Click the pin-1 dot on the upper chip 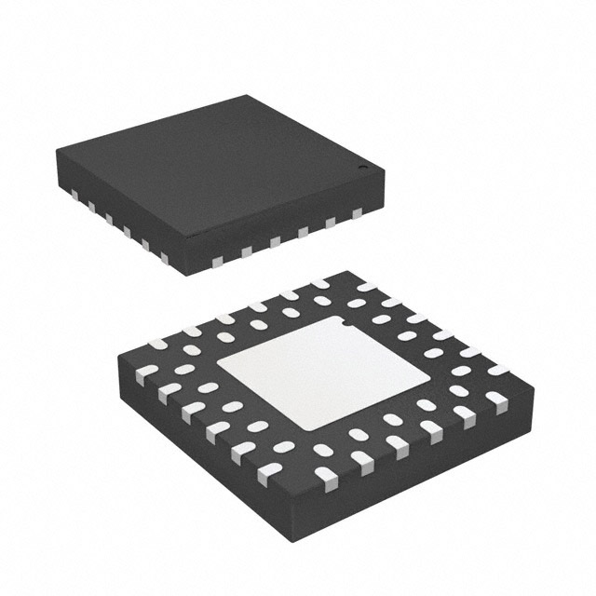click(x=365, y=169)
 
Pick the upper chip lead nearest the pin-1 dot click(x=356, y=214)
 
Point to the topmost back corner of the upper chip click(x=249, y=95)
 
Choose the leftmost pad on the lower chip click(x=146, y=377)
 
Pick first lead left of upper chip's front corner click(x=165, y=256)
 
